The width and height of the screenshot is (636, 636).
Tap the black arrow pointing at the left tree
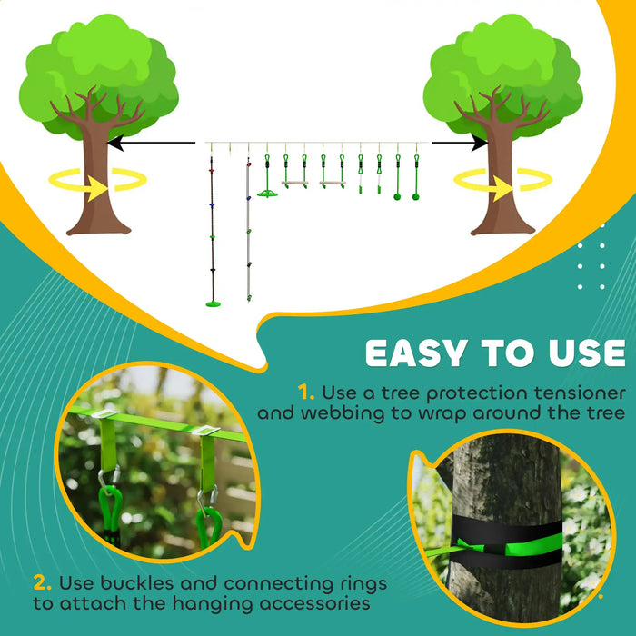[x=151, y=142]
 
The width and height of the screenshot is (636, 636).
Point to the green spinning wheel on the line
[x=267, y=193]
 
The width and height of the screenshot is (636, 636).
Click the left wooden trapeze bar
[x=294, y=184]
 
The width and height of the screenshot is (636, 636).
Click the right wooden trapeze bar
[x=333, y=184]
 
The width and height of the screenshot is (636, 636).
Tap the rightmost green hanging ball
[x=416, y=194]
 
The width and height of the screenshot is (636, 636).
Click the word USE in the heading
[x=581, y=353]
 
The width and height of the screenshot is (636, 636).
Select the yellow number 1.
[x=306, y=393]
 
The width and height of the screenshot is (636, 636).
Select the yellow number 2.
[x=43, y=581]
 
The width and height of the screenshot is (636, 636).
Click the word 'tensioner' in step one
[x=577, y=393]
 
